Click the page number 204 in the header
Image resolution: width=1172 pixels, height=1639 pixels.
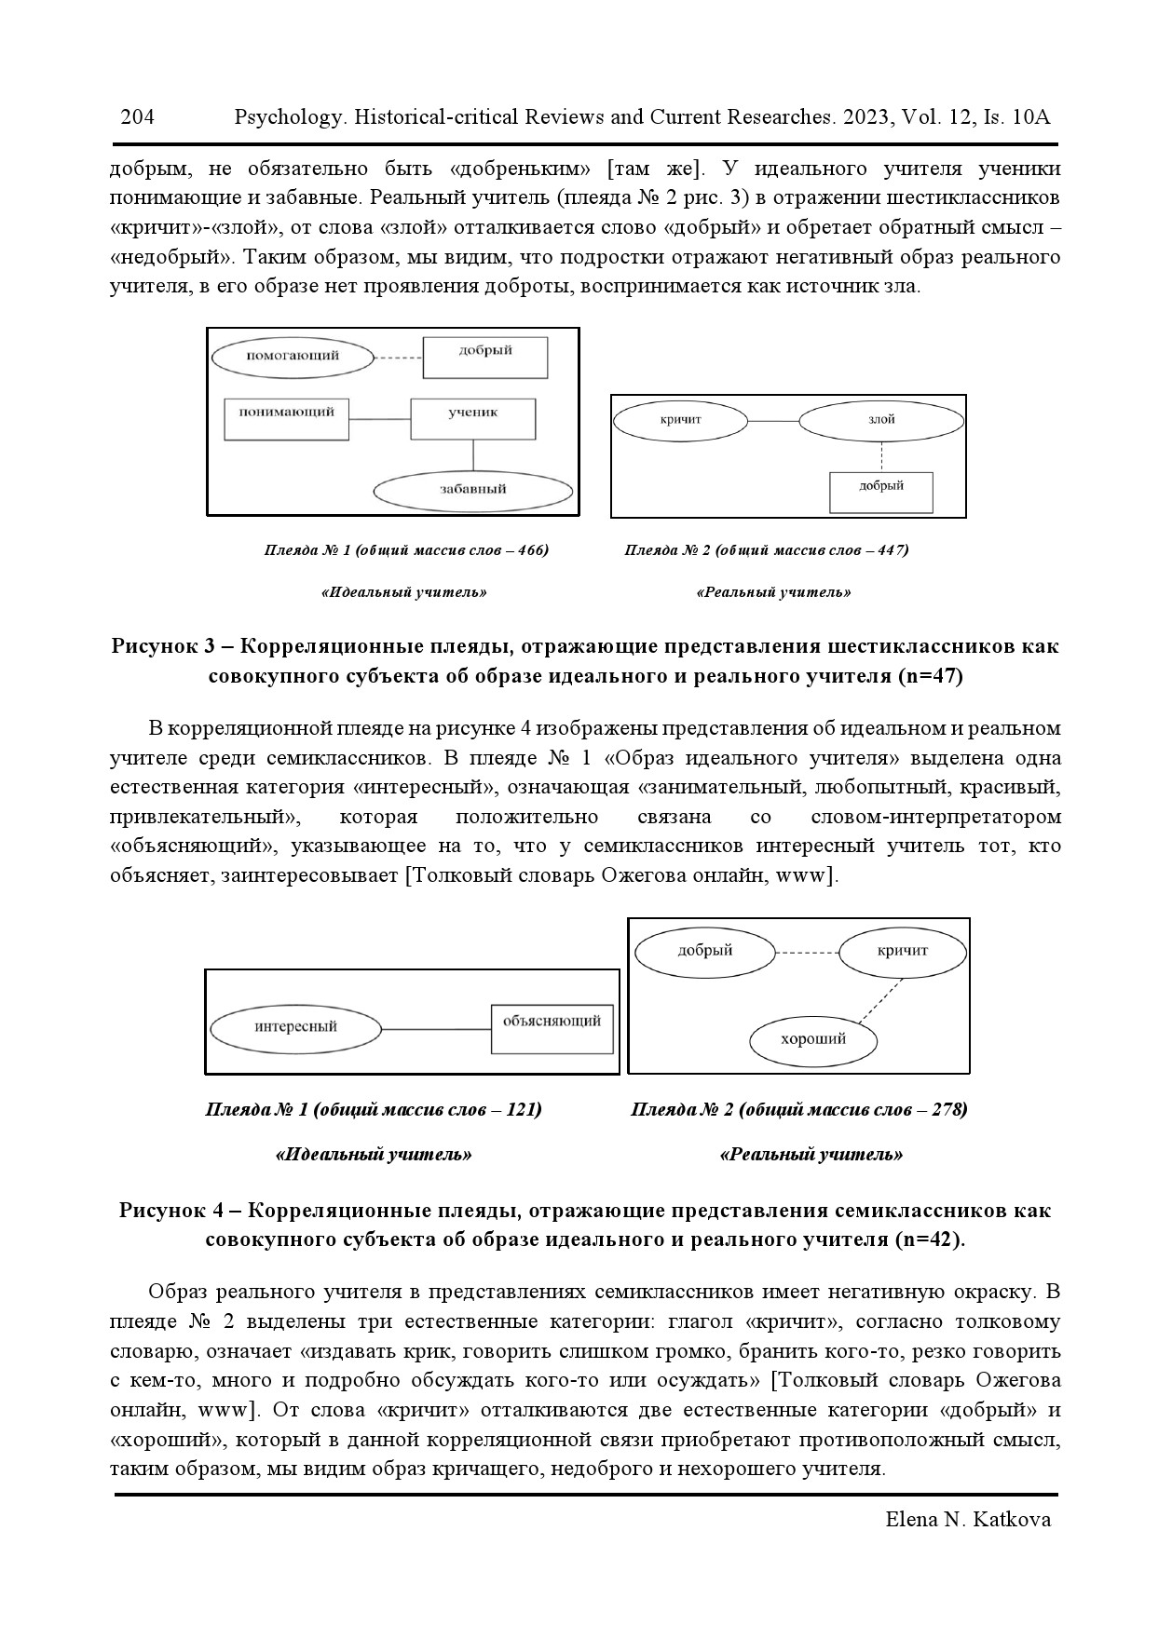[x=137, y=117]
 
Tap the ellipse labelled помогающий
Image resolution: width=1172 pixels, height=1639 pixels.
[x=293, y=356]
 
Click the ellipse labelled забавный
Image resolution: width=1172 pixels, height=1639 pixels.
[x=472, y=489]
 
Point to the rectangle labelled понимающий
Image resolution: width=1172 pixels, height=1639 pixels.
[x=286, y=418]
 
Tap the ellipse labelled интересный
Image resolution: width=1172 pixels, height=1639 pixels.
[x=295, y=1027]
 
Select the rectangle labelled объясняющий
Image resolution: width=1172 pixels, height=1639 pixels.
[x=552, y=1028]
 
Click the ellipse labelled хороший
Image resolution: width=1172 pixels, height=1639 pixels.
[x=812, y=1040]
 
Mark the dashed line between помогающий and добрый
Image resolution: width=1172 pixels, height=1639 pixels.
[x=398, y=358]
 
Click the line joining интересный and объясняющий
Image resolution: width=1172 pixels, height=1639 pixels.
[x=436, y=1029]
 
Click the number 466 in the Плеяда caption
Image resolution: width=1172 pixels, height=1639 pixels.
[x=529, y=550]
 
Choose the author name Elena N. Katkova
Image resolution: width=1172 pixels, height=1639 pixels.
[x=968, y=1520]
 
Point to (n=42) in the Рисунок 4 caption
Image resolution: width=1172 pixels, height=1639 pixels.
[x=928, y=1240]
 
